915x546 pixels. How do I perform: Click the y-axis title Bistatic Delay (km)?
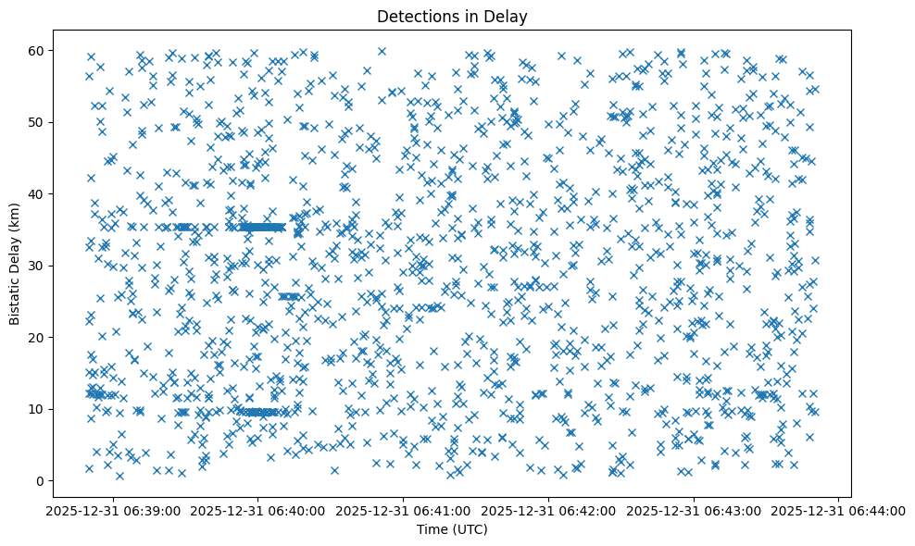point(15,263)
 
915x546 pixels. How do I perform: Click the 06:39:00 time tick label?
point(115,511)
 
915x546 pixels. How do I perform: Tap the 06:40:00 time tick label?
point(259,511)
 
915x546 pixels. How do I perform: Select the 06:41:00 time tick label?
point(405,511)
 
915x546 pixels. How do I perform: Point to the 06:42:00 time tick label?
point(549,511)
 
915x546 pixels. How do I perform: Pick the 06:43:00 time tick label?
point(695,511)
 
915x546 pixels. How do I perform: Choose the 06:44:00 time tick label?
point(839,511)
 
